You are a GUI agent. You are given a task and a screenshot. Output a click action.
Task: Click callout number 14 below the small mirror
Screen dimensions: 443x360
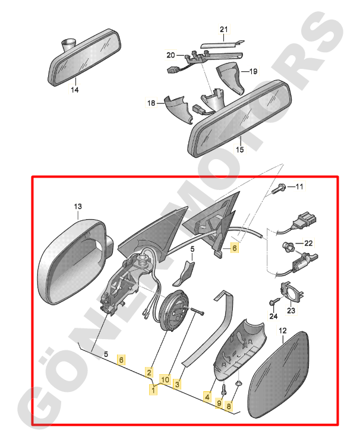tap(75, 90)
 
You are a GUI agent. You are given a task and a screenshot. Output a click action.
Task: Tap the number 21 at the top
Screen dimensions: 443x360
tap(223, 30)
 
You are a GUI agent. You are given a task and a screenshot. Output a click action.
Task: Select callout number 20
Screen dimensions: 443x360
tap(170, 55)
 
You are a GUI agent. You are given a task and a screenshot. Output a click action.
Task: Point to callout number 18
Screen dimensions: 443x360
tap(151, 103)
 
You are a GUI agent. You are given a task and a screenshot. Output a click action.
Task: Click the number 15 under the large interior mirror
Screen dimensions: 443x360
tap(239, 150)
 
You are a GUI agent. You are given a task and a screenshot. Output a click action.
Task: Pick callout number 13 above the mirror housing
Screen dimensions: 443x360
tap(78, 207)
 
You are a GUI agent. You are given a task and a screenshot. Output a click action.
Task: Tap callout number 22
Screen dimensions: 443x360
tap(308, 243)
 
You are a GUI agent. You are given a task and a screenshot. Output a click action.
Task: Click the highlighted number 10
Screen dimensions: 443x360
tap(165, 379)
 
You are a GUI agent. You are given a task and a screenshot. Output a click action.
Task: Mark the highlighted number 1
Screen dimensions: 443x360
tap(154, 390)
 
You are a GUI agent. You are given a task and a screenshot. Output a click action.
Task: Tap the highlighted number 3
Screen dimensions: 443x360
tap(177, 384)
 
